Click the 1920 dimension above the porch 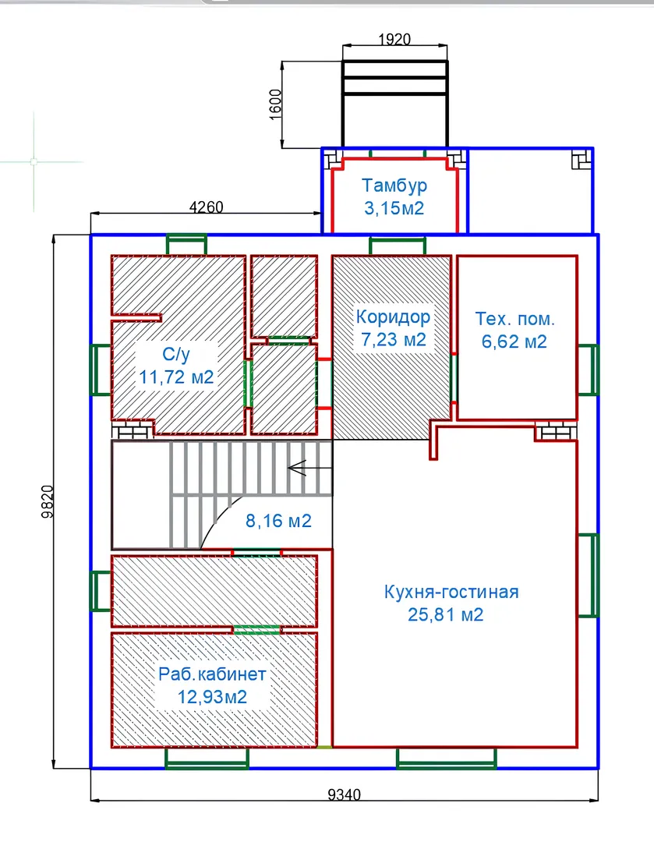tap(394, 39)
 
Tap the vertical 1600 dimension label tap(275, 104)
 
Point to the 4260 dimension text tap(207, 207)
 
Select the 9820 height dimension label tap(48, 501)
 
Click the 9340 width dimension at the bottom tap(345, 794)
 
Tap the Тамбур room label tap(394, 186)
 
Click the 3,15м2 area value tap(394, 208)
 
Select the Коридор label tap(393, 317)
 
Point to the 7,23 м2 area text tap(394, 339)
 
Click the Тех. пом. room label tap(514, 318)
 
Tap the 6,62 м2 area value tap(514, 341)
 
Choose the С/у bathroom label tap(176, 354)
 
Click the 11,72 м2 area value tap(177, 377)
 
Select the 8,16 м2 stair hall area tap(279, 521)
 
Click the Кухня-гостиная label tap(451, 592)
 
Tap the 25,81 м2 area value tap(446, 614)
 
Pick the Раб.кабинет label tap(212, 674)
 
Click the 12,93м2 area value tap(212, 697)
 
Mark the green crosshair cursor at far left tap(34, 161)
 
